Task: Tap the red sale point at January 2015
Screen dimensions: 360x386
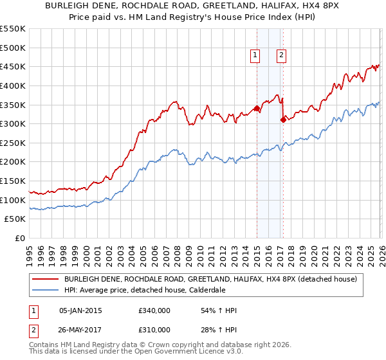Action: pyautogui.click(x=257, y=108)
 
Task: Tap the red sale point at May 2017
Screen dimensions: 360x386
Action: pyautogui.click(x=283, y=120)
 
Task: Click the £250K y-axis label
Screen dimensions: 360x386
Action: pyautogui.click(x=13, y=143)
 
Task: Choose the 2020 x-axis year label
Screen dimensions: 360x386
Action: pyautogui.click(x=313, y=253)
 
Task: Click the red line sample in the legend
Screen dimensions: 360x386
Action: pyautogui.click(x=46, y=278)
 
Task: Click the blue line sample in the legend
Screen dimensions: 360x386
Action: pyautogui.click(x=46, y=289)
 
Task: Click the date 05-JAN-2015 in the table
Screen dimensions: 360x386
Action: pyautogui.click(x=80, y=310)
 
